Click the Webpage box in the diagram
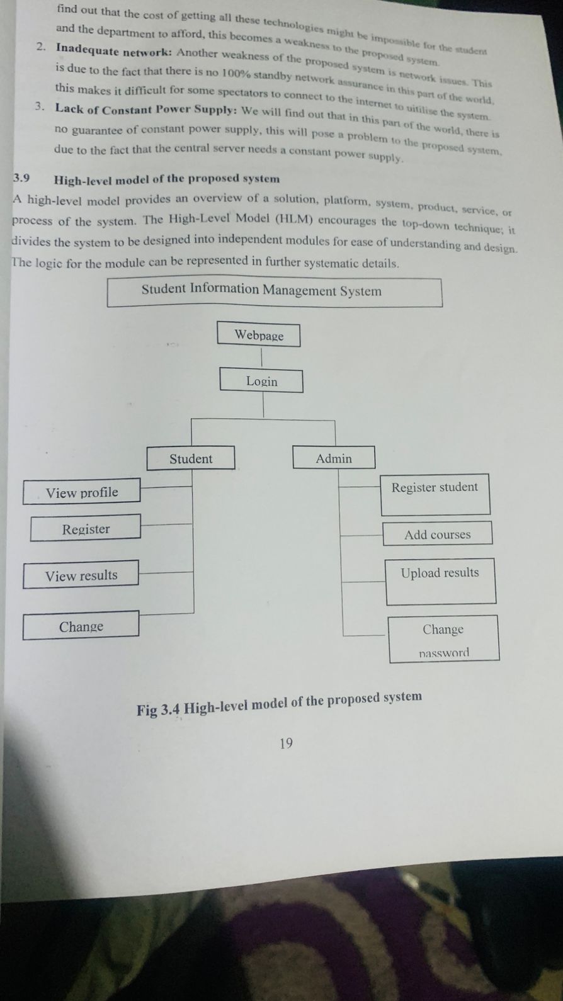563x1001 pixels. (258, 335)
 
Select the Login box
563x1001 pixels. (261, 381)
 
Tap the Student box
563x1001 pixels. (191, 458)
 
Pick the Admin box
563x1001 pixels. (334, 458)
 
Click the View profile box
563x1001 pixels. (81, 492)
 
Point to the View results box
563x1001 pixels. (81, 575)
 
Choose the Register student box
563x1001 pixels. (435, 494)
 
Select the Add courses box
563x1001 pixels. (438, 534)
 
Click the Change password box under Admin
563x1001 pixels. (443, 639)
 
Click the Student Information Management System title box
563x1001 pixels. (275, 292)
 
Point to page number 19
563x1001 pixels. (286, 744)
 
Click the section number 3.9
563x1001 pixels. (21, 178)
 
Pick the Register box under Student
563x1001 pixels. (86, 529)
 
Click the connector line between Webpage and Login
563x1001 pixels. (260, 358)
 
